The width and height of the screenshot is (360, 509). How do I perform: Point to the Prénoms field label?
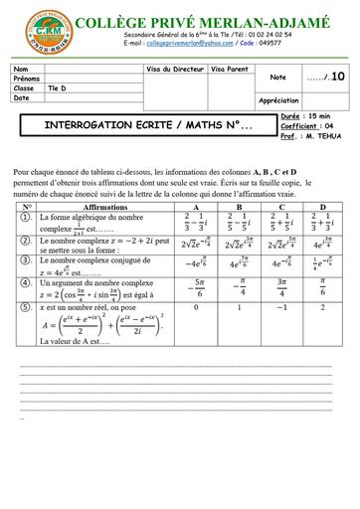[x=27, y=78]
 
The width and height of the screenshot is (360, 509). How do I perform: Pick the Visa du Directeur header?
[x=175, y=69]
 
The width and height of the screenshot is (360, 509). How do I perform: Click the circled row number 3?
[x=22, y=264]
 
